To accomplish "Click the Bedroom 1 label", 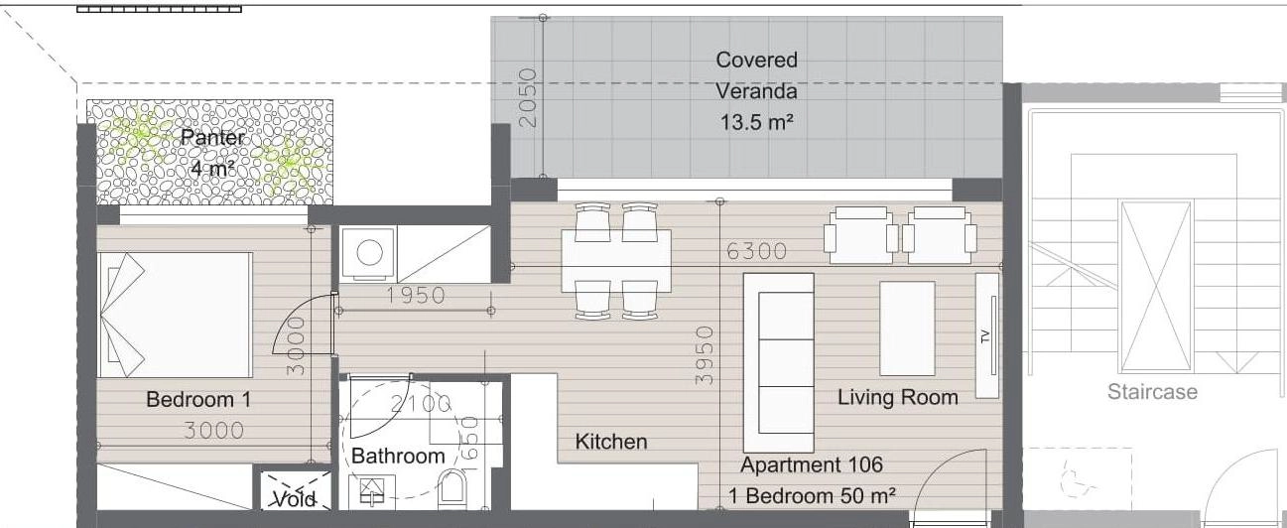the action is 198,399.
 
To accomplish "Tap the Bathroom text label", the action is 398,456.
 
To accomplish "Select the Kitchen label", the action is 610,442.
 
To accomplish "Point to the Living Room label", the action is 897,397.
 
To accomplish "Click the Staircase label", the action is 1152,391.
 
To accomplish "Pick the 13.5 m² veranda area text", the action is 757,122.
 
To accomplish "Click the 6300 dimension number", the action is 756,251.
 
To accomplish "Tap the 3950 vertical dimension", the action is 704,354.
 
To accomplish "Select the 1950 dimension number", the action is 416,296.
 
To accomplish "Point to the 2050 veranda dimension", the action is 528,97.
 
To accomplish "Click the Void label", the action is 295,499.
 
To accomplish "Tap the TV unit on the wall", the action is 987,335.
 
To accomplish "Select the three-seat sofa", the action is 779,362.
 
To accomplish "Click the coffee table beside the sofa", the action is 907,329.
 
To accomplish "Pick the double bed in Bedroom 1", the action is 175,315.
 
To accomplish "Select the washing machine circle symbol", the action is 369,252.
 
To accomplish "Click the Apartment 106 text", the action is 812,464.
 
